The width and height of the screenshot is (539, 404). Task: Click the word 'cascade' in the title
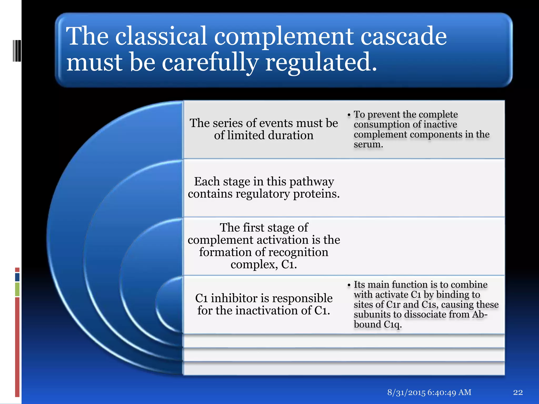[x=403, y=36]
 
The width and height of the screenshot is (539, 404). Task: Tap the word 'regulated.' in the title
[x=321, y=62]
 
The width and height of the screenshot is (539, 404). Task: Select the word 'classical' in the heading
[x=161, y=36]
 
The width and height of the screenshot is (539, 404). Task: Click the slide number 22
[x=518, y=392]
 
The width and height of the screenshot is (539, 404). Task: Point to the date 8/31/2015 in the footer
[x=406, y=392]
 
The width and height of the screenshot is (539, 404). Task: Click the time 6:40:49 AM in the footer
[x=449, y=392]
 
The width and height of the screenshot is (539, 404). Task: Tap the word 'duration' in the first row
[x=291, y=135]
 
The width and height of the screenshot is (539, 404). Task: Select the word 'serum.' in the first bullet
[x=368, y=144]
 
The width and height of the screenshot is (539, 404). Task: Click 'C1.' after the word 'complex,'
[x=289, y=264]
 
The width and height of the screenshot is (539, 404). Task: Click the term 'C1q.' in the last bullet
[x=392, y=325]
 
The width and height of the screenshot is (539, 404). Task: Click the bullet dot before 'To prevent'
[x=349, y=115]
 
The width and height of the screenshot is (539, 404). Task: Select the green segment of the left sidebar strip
[x=17, y=289]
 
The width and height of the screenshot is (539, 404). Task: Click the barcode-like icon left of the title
[x=17, y=51]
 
